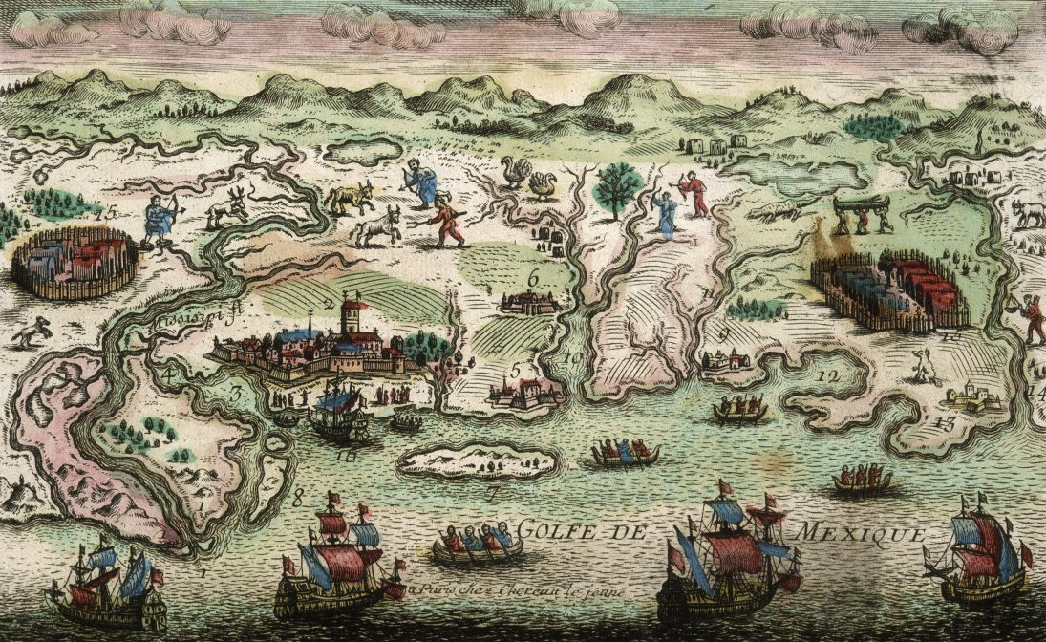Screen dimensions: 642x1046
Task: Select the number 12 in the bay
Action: pos(827,376)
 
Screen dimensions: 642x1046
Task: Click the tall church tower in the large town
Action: pos(354,315)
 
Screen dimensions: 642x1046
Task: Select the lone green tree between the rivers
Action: pos(617,186)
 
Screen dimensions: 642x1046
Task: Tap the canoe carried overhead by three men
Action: pos(862,203)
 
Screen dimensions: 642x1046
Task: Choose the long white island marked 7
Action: pos(478,460)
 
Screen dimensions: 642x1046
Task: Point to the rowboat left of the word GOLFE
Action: pos(477,544)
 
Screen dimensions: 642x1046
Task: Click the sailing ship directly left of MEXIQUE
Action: pos(731,554)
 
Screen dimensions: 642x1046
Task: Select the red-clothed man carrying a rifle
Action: pos(445,220)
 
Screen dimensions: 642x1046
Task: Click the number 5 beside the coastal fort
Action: pos(515,371)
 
